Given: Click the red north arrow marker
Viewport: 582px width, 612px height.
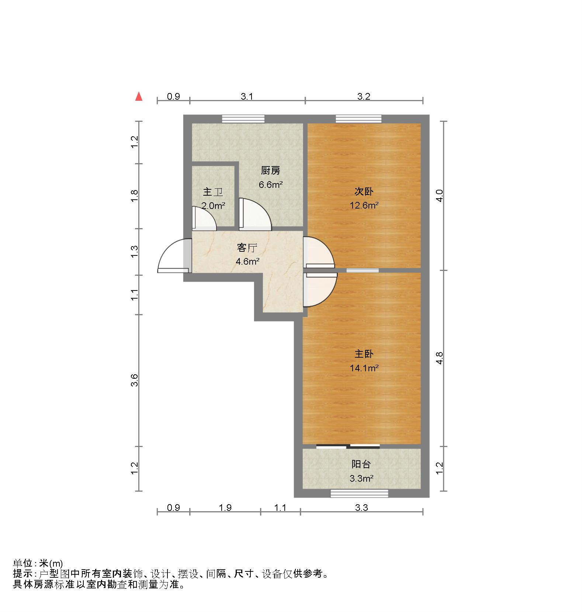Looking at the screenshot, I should pos(139,97).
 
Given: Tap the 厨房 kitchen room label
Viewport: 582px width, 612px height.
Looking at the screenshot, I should pos(270,171).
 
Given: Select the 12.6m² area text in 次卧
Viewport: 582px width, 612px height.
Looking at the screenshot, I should pos(364,206).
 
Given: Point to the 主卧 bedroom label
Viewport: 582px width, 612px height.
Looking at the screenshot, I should pos(364,354).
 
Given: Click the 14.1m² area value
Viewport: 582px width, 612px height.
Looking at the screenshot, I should pos(364,368).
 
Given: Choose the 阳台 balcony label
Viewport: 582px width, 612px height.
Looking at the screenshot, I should pos(361,464).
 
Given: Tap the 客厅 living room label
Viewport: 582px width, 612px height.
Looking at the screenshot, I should pos(247,248).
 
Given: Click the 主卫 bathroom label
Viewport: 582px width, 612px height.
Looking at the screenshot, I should pos(213,192).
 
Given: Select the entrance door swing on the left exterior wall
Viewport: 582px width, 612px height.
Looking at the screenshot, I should pos(172,255).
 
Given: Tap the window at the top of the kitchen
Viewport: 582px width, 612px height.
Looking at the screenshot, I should pos(243,118).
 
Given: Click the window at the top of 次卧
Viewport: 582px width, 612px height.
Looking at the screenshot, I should pos(358,118).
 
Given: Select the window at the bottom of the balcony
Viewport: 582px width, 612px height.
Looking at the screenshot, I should pos(359,493).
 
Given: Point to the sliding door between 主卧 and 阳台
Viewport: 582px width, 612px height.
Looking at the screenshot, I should pos(348,447).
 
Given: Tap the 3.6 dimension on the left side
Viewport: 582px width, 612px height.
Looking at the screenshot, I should pos(135,380).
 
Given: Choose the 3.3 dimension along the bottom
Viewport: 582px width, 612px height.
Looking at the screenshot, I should pos(361,508).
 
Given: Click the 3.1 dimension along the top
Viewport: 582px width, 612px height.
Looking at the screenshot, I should pos(247,96).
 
